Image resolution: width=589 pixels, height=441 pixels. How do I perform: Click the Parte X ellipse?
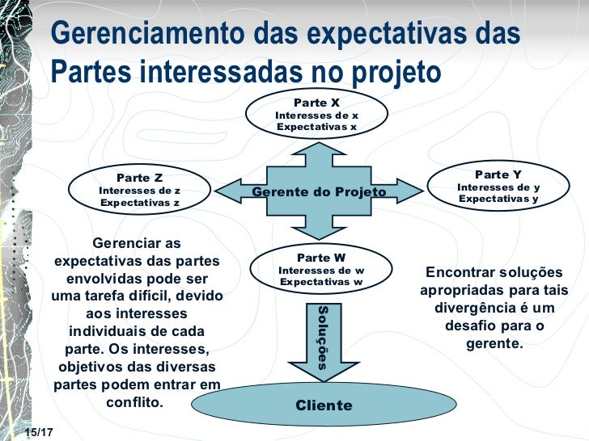pos(316,115)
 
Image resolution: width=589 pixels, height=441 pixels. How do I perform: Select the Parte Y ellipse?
pos(498,187)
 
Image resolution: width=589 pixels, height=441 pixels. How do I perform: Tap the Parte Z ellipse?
pos(139,190)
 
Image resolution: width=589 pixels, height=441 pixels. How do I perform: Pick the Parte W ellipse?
pos(320,269)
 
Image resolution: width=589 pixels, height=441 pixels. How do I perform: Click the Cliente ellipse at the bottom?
pos(324,405)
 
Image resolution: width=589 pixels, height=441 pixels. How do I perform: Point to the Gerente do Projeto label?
pos(319,191)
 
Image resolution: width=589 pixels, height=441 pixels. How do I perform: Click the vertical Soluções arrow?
pos(322,337)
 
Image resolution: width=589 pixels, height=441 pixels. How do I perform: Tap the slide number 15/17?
pos(38,434)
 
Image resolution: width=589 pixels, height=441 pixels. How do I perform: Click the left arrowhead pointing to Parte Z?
pos(231,191)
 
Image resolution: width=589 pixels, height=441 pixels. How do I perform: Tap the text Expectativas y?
pos(498,199)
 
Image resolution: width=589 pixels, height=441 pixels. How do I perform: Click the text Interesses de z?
pos(139,191)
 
